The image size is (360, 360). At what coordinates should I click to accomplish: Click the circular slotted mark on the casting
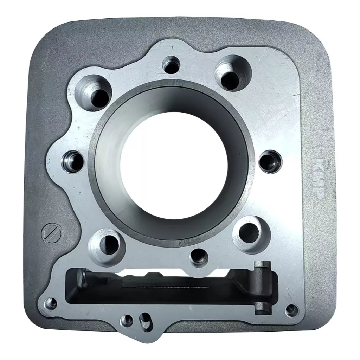(51, 233)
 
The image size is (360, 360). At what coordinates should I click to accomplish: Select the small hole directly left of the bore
(72, 162)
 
